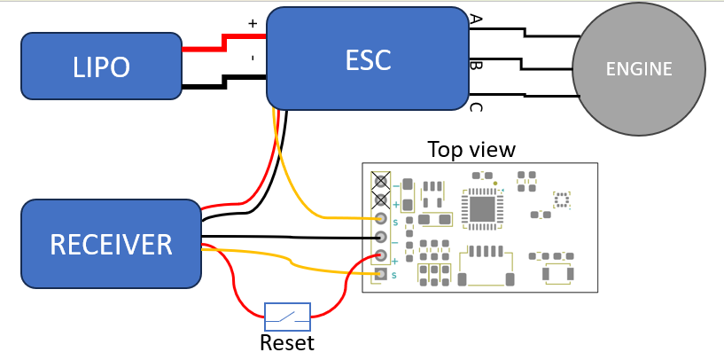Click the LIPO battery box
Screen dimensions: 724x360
tap(102, 67)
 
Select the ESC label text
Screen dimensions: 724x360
tap(368, 59)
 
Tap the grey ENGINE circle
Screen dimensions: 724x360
tap(639, 69)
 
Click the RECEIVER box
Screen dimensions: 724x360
tap(111, 244)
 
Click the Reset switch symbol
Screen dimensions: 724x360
tap(287, 317)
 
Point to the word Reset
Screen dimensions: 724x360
tap(287, 343)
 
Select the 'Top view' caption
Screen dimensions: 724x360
tap(471, 149)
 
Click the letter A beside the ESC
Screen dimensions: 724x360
tap(476, 19)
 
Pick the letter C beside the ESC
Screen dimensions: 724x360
tap(476, 107)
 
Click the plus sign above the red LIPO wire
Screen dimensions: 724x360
tap(252, 23)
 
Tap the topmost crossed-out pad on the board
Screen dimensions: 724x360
tap(381, 181)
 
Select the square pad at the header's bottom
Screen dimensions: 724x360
tap(381, 275)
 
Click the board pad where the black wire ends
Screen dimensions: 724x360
tap(381, 237)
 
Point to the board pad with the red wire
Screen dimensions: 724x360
tap(381, 255)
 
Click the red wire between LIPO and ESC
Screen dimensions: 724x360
tap(224, 43)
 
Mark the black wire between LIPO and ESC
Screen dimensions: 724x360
tap(224, 82)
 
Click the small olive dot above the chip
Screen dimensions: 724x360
tap(495, 184)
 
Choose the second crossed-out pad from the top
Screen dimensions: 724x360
tap(381, 200)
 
